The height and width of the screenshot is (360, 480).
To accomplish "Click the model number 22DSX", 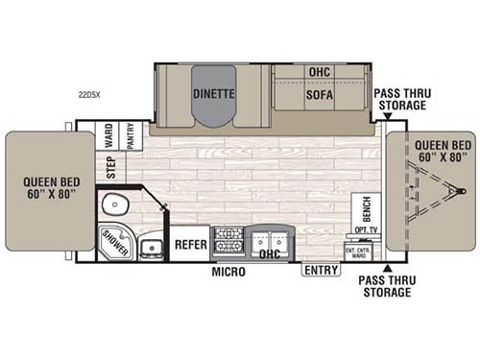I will pos(91,95).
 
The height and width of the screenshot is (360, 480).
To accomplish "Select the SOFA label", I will pos(319,95).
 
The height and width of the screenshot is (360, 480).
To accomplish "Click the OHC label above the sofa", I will pos(319,72).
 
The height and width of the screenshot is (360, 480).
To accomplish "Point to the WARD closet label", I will pos(108,134).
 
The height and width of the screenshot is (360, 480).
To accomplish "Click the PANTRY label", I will pos(128,134).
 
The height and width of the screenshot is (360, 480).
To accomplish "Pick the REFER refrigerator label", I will pos(191,245).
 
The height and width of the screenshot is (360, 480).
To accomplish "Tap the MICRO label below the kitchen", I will pos(228,273).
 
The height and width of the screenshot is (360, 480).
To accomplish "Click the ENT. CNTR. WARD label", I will pos(357,252).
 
